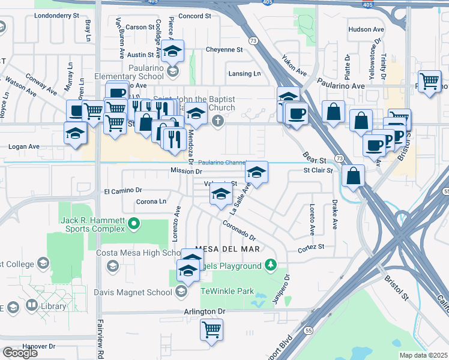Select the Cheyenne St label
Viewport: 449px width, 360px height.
224,50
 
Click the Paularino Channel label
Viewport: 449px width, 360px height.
222,162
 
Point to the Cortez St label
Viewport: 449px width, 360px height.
311,247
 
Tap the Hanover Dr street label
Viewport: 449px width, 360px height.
38,346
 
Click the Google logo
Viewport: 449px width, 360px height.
20,352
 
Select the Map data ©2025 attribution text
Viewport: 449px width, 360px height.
423,355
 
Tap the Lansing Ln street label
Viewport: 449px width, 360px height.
244,74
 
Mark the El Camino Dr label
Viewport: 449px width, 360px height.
122,191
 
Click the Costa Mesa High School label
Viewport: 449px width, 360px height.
136,253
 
